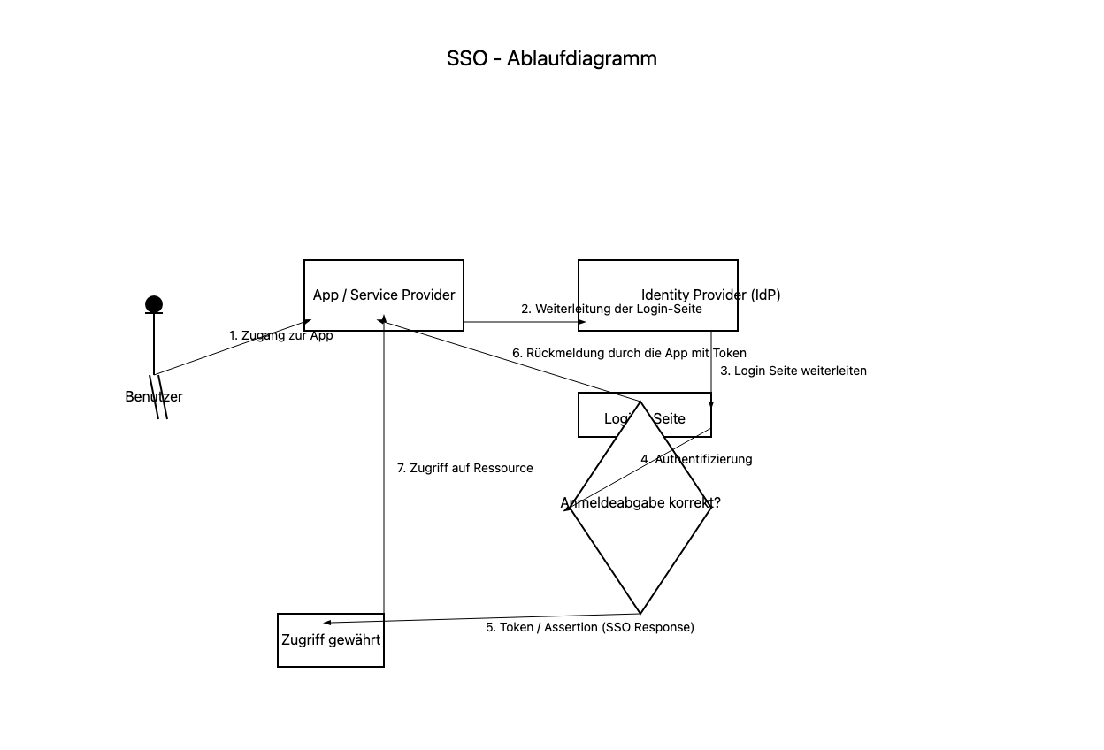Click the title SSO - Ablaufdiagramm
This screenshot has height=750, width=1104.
551,58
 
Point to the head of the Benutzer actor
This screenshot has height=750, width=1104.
154,305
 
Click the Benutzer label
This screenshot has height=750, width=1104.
154,397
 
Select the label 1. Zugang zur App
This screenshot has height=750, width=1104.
280,336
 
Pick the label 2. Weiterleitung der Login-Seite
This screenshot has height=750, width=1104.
611,310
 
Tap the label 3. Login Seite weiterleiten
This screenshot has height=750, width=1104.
793,371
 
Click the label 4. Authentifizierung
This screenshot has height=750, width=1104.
696,460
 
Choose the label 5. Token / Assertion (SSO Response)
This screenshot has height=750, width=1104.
590,628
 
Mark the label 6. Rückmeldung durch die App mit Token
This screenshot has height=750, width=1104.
629,354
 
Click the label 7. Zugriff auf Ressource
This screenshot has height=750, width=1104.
464,469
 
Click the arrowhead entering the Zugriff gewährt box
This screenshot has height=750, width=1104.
326,623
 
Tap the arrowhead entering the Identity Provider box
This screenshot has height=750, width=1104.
582,323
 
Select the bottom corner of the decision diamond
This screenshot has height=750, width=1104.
640,613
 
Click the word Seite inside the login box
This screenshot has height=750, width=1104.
669,419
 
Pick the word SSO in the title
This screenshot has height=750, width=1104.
467,58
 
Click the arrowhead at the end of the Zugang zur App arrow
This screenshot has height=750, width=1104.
307,321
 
